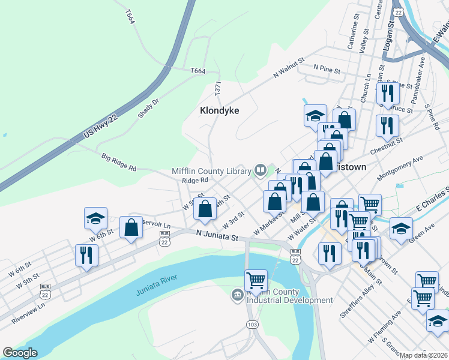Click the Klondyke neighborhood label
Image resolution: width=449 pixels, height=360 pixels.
[219, 111]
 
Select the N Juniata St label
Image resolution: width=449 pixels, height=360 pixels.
[217, 237]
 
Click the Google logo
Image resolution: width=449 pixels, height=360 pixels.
[20, 353]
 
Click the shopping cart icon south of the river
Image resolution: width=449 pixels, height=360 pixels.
[256, 280]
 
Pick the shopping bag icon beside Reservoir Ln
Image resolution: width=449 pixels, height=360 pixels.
[131, 228]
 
